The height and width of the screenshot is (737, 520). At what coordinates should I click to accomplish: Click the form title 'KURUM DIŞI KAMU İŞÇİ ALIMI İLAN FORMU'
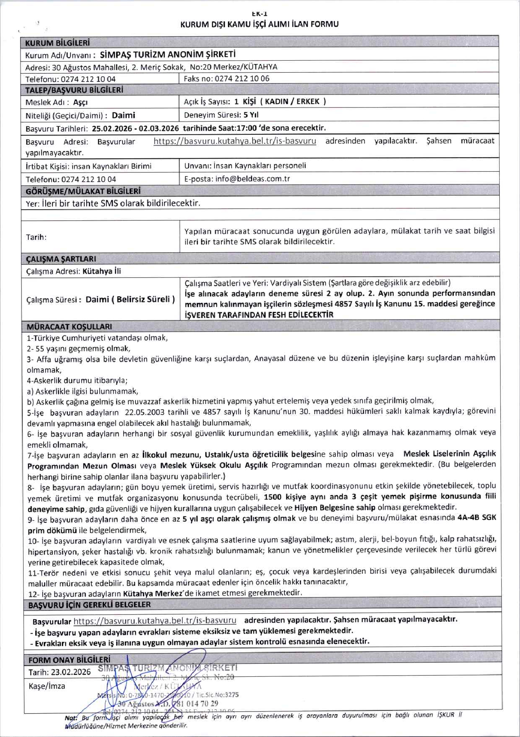[x=259, y=24]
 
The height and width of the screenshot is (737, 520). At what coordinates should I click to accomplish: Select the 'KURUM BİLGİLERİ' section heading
[x=57, y=43]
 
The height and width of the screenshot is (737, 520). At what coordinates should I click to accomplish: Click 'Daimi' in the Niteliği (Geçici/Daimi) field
[x=124, y=115]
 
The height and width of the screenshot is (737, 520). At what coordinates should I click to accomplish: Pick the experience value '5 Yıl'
[x=251, y=115]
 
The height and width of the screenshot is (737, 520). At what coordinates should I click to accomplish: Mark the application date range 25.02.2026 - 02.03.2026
[x=135, y=128]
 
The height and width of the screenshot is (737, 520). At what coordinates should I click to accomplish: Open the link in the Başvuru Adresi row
[x=235, y=141]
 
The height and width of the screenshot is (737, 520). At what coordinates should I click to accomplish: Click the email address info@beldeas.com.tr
[x=252, y=179]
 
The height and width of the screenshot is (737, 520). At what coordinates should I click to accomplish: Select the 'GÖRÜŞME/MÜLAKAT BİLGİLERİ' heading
[x=83, y=191]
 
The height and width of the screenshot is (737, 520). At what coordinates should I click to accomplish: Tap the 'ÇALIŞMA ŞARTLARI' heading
[x=61, y=259]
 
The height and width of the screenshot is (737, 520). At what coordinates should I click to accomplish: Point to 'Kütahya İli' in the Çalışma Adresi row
[x=102, y=271]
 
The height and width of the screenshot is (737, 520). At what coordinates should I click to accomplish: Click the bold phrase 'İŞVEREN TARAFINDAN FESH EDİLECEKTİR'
[x=259, y=315]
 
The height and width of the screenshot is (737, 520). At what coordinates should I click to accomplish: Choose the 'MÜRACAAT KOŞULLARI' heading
[x=69, y=327]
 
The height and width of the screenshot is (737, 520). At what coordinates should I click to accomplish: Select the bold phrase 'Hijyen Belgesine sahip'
[x=335, y=507]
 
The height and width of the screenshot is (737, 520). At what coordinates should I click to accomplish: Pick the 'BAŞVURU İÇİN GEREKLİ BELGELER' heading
[x=89, y=605]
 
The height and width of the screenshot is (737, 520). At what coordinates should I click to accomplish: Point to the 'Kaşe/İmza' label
[x=47, y=686]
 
